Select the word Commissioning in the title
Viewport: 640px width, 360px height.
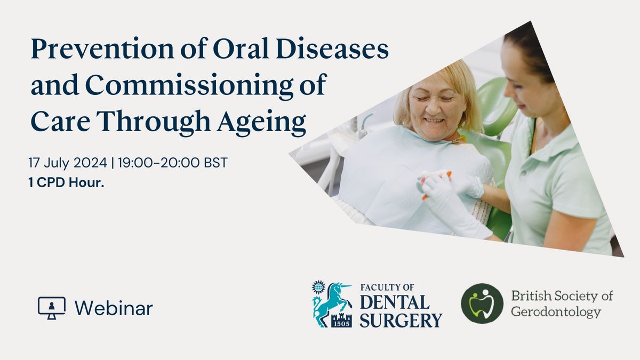(x=189, y=86)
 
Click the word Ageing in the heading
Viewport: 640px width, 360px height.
(x=261, y=122)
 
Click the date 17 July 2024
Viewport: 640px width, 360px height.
(x=68, y=163)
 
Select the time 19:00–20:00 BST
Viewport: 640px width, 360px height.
(x=173, y=163)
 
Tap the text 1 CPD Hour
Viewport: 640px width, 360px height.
(x=66, y=182)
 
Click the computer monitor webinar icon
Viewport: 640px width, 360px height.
(x=52, y=308)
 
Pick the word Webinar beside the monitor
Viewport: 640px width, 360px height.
(x=114, y=309)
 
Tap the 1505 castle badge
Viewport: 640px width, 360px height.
(x=342, y=321)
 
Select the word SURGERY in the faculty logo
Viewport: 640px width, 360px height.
(x=401, y=321)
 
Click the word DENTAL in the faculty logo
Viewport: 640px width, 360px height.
(x=395, y=302)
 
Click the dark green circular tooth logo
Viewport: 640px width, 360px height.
(x=482, y=303)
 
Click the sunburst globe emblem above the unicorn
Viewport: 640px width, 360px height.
(x=318, y=287)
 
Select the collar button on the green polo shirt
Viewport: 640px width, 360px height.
(x=523, y=173)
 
